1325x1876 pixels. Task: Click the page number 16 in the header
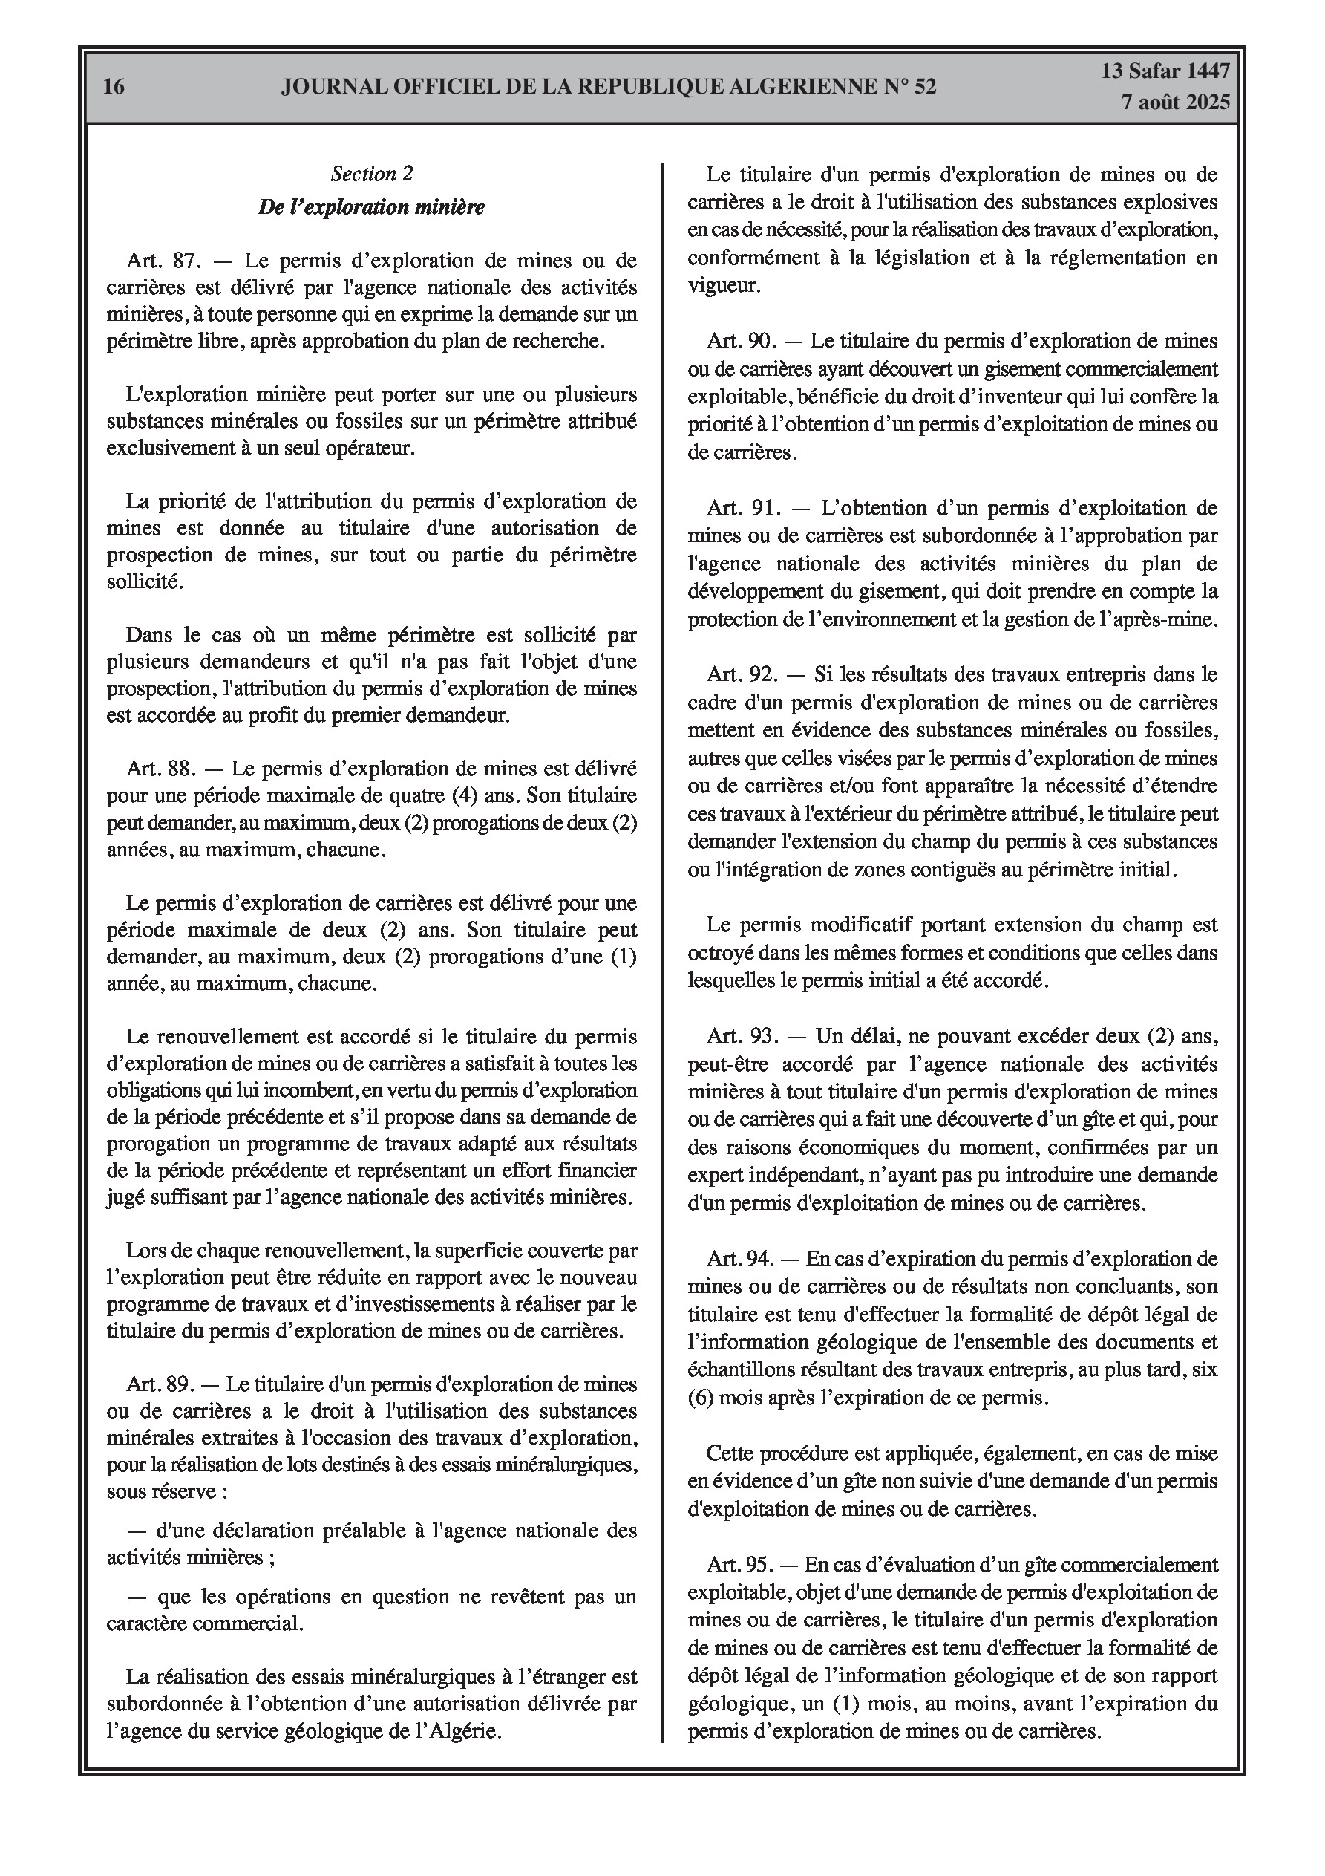(114, 87)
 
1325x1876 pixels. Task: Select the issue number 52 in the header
(920, 87)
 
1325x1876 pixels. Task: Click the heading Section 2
(372, 173)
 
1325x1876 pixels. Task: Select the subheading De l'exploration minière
(372, 207)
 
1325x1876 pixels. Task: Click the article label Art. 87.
(163, 261)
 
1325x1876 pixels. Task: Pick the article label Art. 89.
(160, 1384)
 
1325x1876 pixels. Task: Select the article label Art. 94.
(739, 1258)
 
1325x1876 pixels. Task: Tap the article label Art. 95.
(739, 1565)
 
